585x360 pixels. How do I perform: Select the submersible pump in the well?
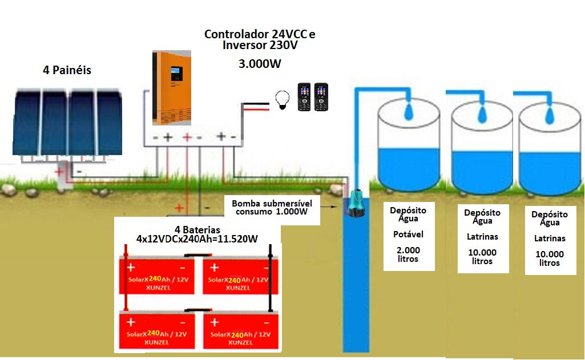coord(357,204)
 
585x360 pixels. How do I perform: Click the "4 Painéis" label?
coord(67,71)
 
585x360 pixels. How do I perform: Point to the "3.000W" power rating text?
coord(260,63)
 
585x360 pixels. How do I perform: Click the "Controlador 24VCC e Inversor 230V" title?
coord(260,39)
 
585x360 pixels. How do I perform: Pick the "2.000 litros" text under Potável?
coord(408,254)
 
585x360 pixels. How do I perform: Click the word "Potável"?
coord(408,234)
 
